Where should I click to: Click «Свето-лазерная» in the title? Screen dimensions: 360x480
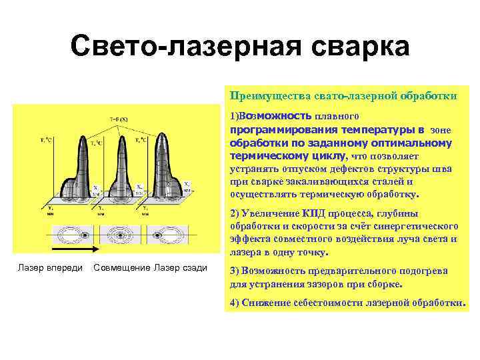(x=181, y=48)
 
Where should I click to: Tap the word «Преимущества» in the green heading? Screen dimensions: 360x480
(x=263, y=96)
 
